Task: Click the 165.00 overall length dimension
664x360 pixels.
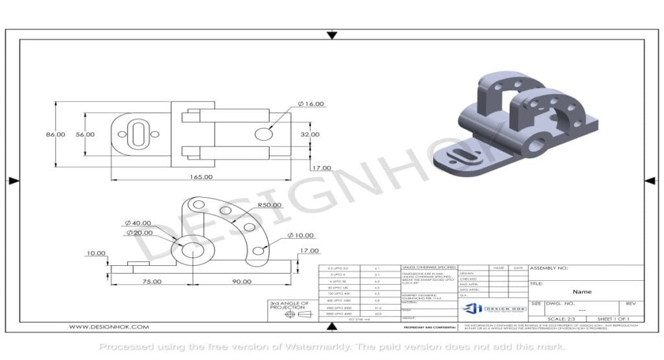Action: click(201, 176)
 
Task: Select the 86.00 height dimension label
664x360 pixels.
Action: click(55, 134)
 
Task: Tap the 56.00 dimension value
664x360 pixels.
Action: click(85, 134)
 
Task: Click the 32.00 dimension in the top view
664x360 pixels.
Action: click(309, 134)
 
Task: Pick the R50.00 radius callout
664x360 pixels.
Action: click(269, 205)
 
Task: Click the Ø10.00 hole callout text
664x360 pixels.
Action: click(300, 235)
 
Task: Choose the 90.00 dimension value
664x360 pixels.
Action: click(241, 281)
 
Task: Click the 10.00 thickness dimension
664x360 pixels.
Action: click(96, 253)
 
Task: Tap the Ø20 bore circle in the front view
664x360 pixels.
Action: click(192, 251)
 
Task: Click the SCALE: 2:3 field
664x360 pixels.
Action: click(562, 319)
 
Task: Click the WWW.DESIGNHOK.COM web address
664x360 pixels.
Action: click(109, 328)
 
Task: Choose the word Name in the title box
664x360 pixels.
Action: click(582, 292)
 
